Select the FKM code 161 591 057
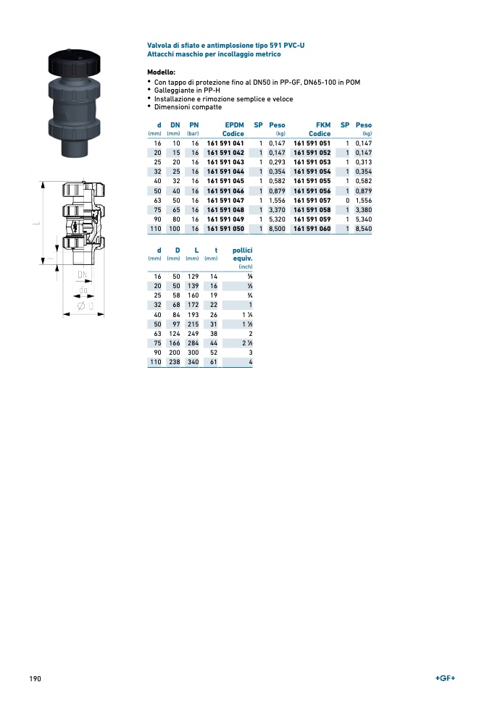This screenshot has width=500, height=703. tap(312, 200)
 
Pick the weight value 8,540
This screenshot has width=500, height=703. tap(362, 228)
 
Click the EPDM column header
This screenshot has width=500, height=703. tap(234, 125)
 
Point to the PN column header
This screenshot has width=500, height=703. tap(193, 125)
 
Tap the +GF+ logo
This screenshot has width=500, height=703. tap(445, 678)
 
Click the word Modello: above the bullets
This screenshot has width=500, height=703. tap(161, 72)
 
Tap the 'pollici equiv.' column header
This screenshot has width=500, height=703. tap(241, 253)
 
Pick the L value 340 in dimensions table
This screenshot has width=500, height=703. tap(192, 361)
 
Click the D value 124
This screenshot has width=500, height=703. tap(174, 333)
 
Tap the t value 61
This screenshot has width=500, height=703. tap(213, 361)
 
